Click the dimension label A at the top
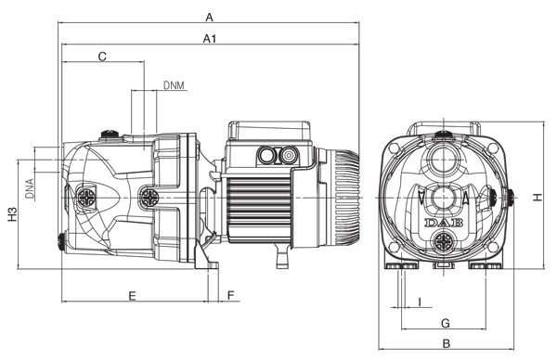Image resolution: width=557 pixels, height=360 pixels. [210, 17]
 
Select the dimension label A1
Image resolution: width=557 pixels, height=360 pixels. [210, 38]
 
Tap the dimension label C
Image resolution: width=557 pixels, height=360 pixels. [102, 56]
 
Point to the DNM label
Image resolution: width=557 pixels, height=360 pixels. [174, 85]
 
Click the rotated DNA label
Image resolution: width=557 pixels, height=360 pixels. [30, 188]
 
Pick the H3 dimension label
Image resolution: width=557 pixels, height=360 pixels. [13, 214]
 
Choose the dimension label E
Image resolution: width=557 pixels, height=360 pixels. [132, 296]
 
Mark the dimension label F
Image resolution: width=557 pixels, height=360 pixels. [231, 295]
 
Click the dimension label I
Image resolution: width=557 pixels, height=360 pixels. [421, 302]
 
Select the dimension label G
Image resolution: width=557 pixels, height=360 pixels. [446, 323]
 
